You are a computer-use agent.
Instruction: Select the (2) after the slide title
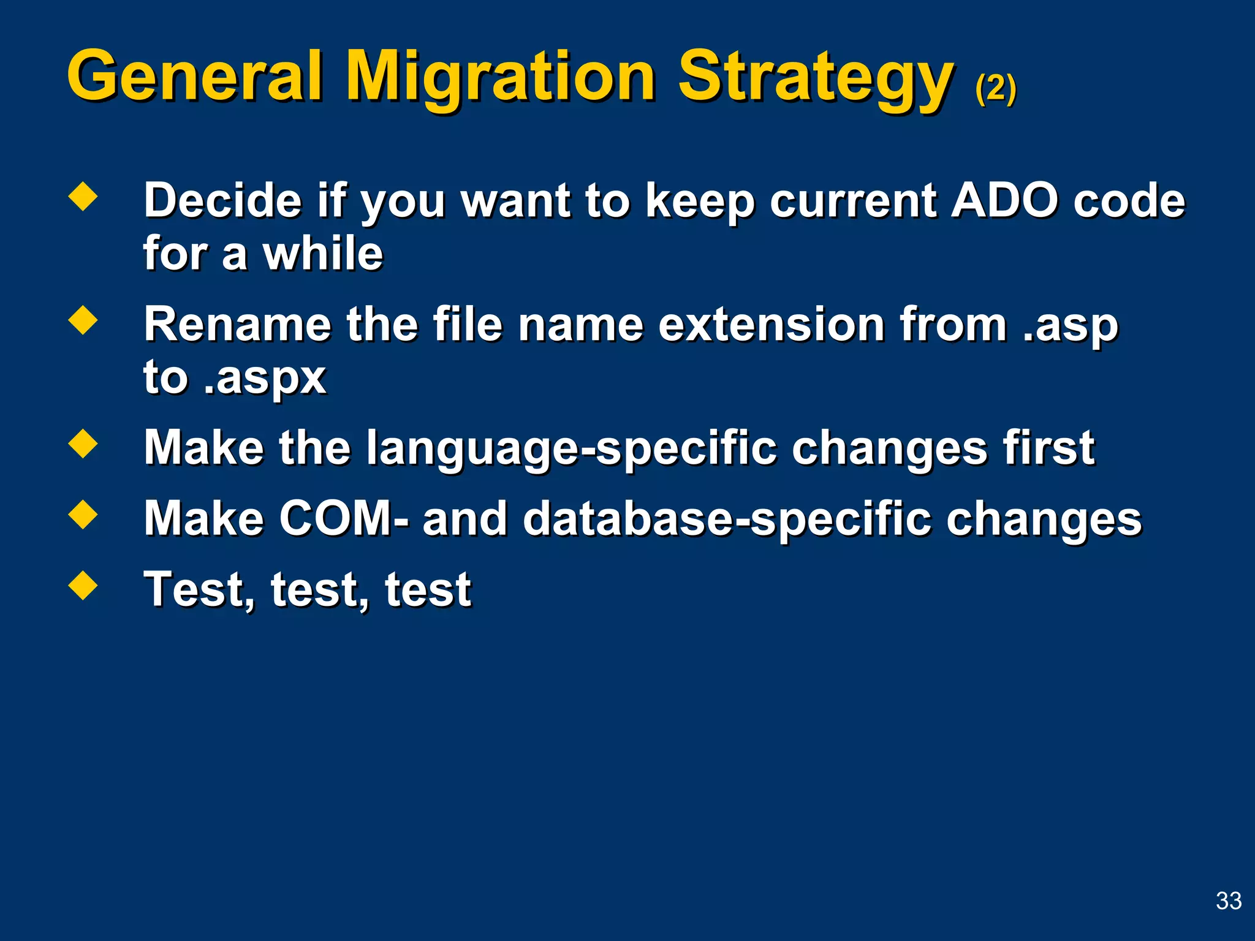click(x=996, y=89)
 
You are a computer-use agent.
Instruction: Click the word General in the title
click(x=195, y=77)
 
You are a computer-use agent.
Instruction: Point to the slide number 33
click(x=1228, y=901)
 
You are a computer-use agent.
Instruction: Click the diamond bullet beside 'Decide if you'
click(x=83, y=197)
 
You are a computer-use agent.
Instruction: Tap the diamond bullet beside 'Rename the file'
click(x=83, y=320)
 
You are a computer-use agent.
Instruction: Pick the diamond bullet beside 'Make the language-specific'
click(x=83, y=444)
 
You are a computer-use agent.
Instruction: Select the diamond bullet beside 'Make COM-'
click(x=83, y=515)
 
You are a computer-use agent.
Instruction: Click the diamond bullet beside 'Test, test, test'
click(x=83, y=585)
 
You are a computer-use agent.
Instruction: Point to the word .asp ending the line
click(x=1070, y=325)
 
